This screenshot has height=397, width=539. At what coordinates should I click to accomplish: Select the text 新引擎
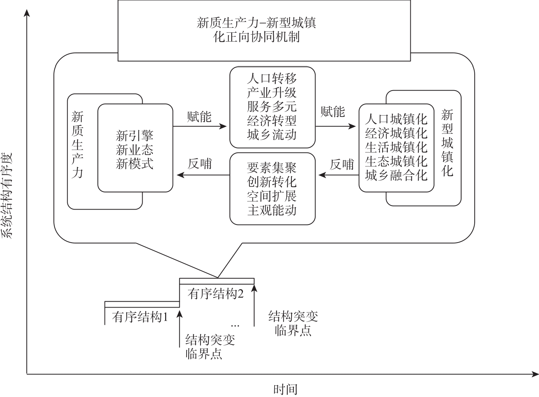click(135, 135)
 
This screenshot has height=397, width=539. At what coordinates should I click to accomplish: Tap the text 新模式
click(135, 164)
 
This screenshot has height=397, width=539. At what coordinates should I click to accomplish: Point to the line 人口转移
click(272, 78)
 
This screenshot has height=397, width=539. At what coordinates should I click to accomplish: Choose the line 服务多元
click(272, 107)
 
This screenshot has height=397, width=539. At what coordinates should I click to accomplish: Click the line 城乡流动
click(272, 134)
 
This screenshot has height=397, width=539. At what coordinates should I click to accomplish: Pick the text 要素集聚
click(272, 168)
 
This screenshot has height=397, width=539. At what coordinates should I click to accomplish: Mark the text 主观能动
click(272, 210)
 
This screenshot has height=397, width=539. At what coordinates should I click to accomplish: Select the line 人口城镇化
click(396, 119)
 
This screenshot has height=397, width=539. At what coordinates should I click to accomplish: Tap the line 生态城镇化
click(396, 162)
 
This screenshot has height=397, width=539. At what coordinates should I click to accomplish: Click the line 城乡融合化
click(396, 175)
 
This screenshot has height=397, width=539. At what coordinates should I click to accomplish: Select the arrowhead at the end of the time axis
click(535, 374)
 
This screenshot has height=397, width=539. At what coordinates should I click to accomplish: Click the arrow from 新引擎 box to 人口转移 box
click(200, 127)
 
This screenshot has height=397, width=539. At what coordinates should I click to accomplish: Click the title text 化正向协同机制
click(256, 37)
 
